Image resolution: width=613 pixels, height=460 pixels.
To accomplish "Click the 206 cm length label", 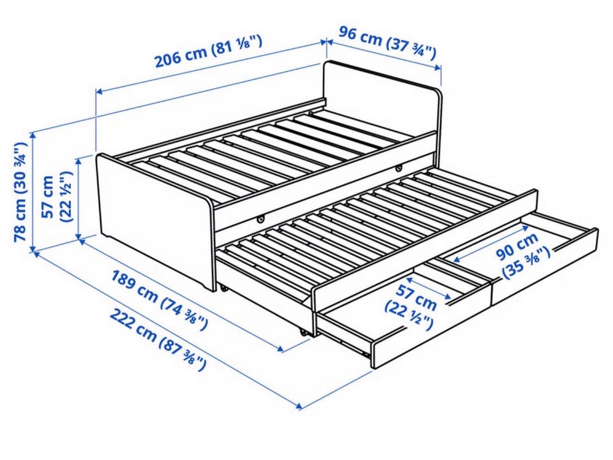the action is click(209, 51).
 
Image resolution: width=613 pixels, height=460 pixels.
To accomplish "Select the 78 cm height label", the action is click(20, 192).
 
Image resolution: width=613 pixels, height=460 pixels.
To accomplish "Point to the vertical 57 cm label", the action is click(57, 197).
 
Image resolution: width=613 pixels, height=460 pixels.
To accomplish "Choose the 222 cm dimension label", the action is click(157, 339).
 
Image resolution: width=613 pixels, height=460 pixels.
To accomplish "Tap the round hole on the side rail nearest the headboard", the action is click(398, 168).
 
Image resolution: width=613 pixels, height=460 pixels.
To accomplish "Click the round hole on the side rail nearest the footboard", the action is click(260, 220).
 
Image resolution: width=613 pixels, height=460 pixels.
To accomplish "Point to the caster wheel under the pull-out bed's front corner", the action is click(303, 332).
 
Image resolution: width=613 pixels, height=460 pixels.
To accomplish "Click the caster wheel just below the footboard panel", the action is click(223, 288).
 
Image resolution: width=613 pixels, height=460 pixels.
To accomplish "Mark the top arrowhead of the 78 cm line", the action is click(33, 135).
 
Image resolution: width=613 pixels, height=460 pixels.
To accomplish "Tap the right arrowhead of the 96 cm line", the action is click(438, 68).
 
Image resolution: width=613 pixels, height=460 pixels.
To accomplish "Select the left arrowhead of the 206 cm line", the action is click(100, 92).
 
